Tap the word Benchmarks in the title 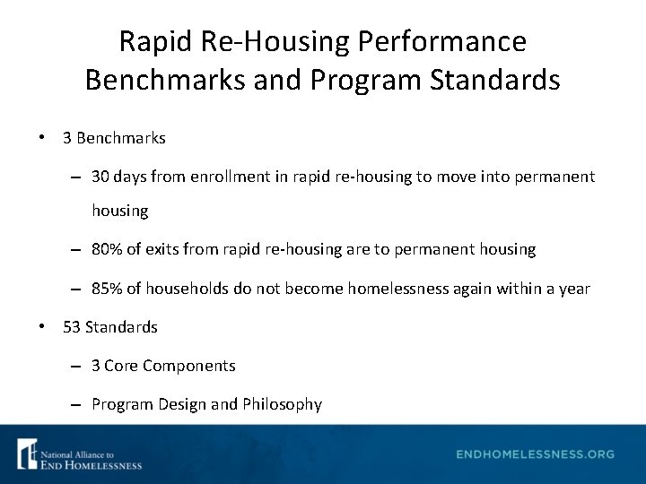[x=161, y=80]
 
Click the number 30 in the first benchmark [x=100, y=177]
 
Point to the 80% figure [x=107, y=249]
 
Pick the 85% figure [x=107, y=289]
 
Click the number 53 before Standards [x=72, y=327]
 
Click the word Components [x=189, y=366]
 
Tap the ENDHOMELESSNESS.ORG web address [x=535, y=454]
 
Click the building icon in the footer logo [x=27, y=454]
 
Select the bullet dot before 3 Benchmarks [x=42, y=139]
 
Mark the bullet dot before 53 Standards [x=42, y=327]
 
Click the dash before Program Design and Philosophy [x=78, y=404]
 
